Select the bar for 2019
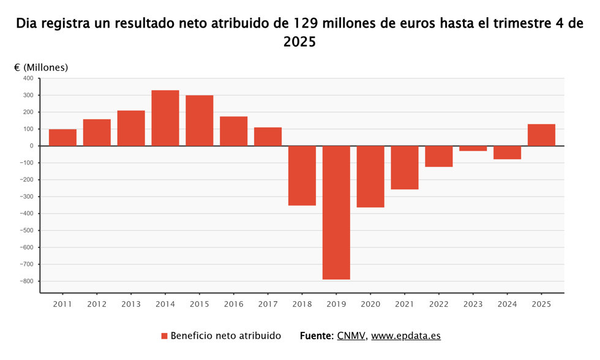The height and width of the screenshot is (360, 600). (x=336, y=212)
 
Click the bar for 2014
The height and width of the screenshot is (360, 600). (x=165, y=118)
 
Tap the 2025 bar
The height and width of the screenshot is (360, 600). (x=541, y=135)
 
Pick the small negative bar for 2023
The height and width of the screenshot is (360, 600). (x=473, y=148)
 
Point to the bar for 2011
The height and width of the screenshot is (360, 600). (x=62, y=137)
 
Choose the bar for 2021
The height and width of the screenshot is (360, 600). (x=405, y=168)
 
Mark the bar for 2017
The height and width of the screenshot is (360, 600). (x=268, y=137)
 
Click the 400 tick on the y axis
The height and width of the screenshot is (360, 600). (x=29, y=78)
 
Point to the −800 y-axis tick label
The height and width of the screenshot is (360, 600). (x=27, y=281)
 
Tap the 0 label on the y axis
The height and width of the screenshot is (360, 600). (x=32, y=146)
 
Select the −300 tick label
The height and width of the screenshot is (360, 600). (x=27, y=197)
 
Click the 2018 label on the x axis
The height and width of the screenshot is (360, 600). (x=302, y=304)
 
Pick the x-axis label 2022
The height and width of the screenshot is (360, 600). (x=439, y=304)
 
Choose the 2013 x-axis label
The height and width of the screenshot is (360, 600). (x=131, y=304)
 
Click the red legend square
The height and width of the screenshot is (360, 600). (x=165, y=336)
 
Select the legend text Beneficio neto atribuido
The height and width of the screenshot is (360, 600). (x=226, y=336)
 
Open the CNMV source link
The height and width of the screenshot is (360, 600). (x=351, y=336)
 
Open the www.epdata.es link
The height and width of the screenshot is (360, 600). (x=406, y=336)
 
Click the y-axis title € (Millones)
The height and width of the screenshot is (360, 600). (x=41, y=68)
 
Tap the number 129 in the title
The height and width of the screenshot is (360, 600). (x=306, y=24)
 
